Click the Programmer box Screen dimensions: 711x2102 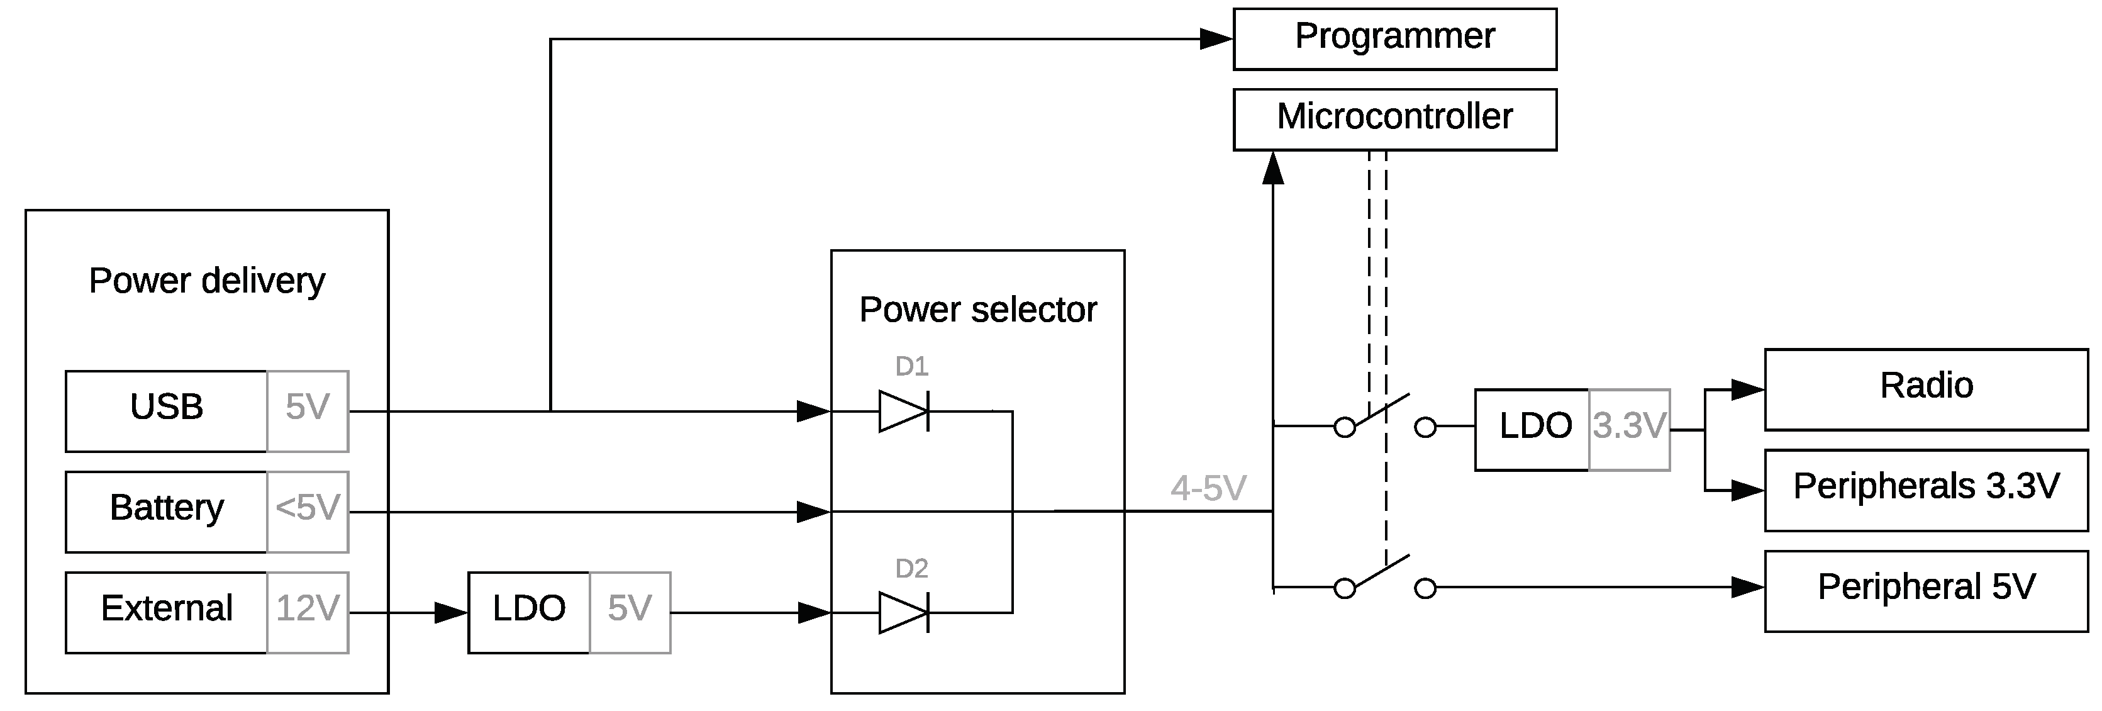1394,38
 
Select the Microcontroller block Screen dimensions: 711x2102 1394,119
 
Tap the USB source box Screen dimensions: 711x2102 167,411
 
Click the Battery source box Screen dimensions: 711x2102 167,511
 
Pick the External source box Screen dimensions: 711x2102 167,612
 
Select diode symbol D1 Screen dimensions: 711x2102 904,411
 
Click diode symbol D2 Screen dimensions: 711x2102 904,612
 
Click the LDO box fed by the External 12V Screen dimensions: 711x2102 529,612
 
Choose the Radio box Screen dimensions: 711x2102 1926,389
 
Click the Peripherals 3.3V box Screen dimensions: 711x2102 1926,490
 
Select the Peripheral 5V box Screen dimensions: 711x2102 1926,590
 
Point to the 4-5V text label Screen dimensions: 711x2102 1208,488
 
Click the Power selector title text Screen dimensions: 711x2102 977,310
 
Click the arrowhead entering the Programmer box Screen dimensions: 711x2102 1216,38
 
